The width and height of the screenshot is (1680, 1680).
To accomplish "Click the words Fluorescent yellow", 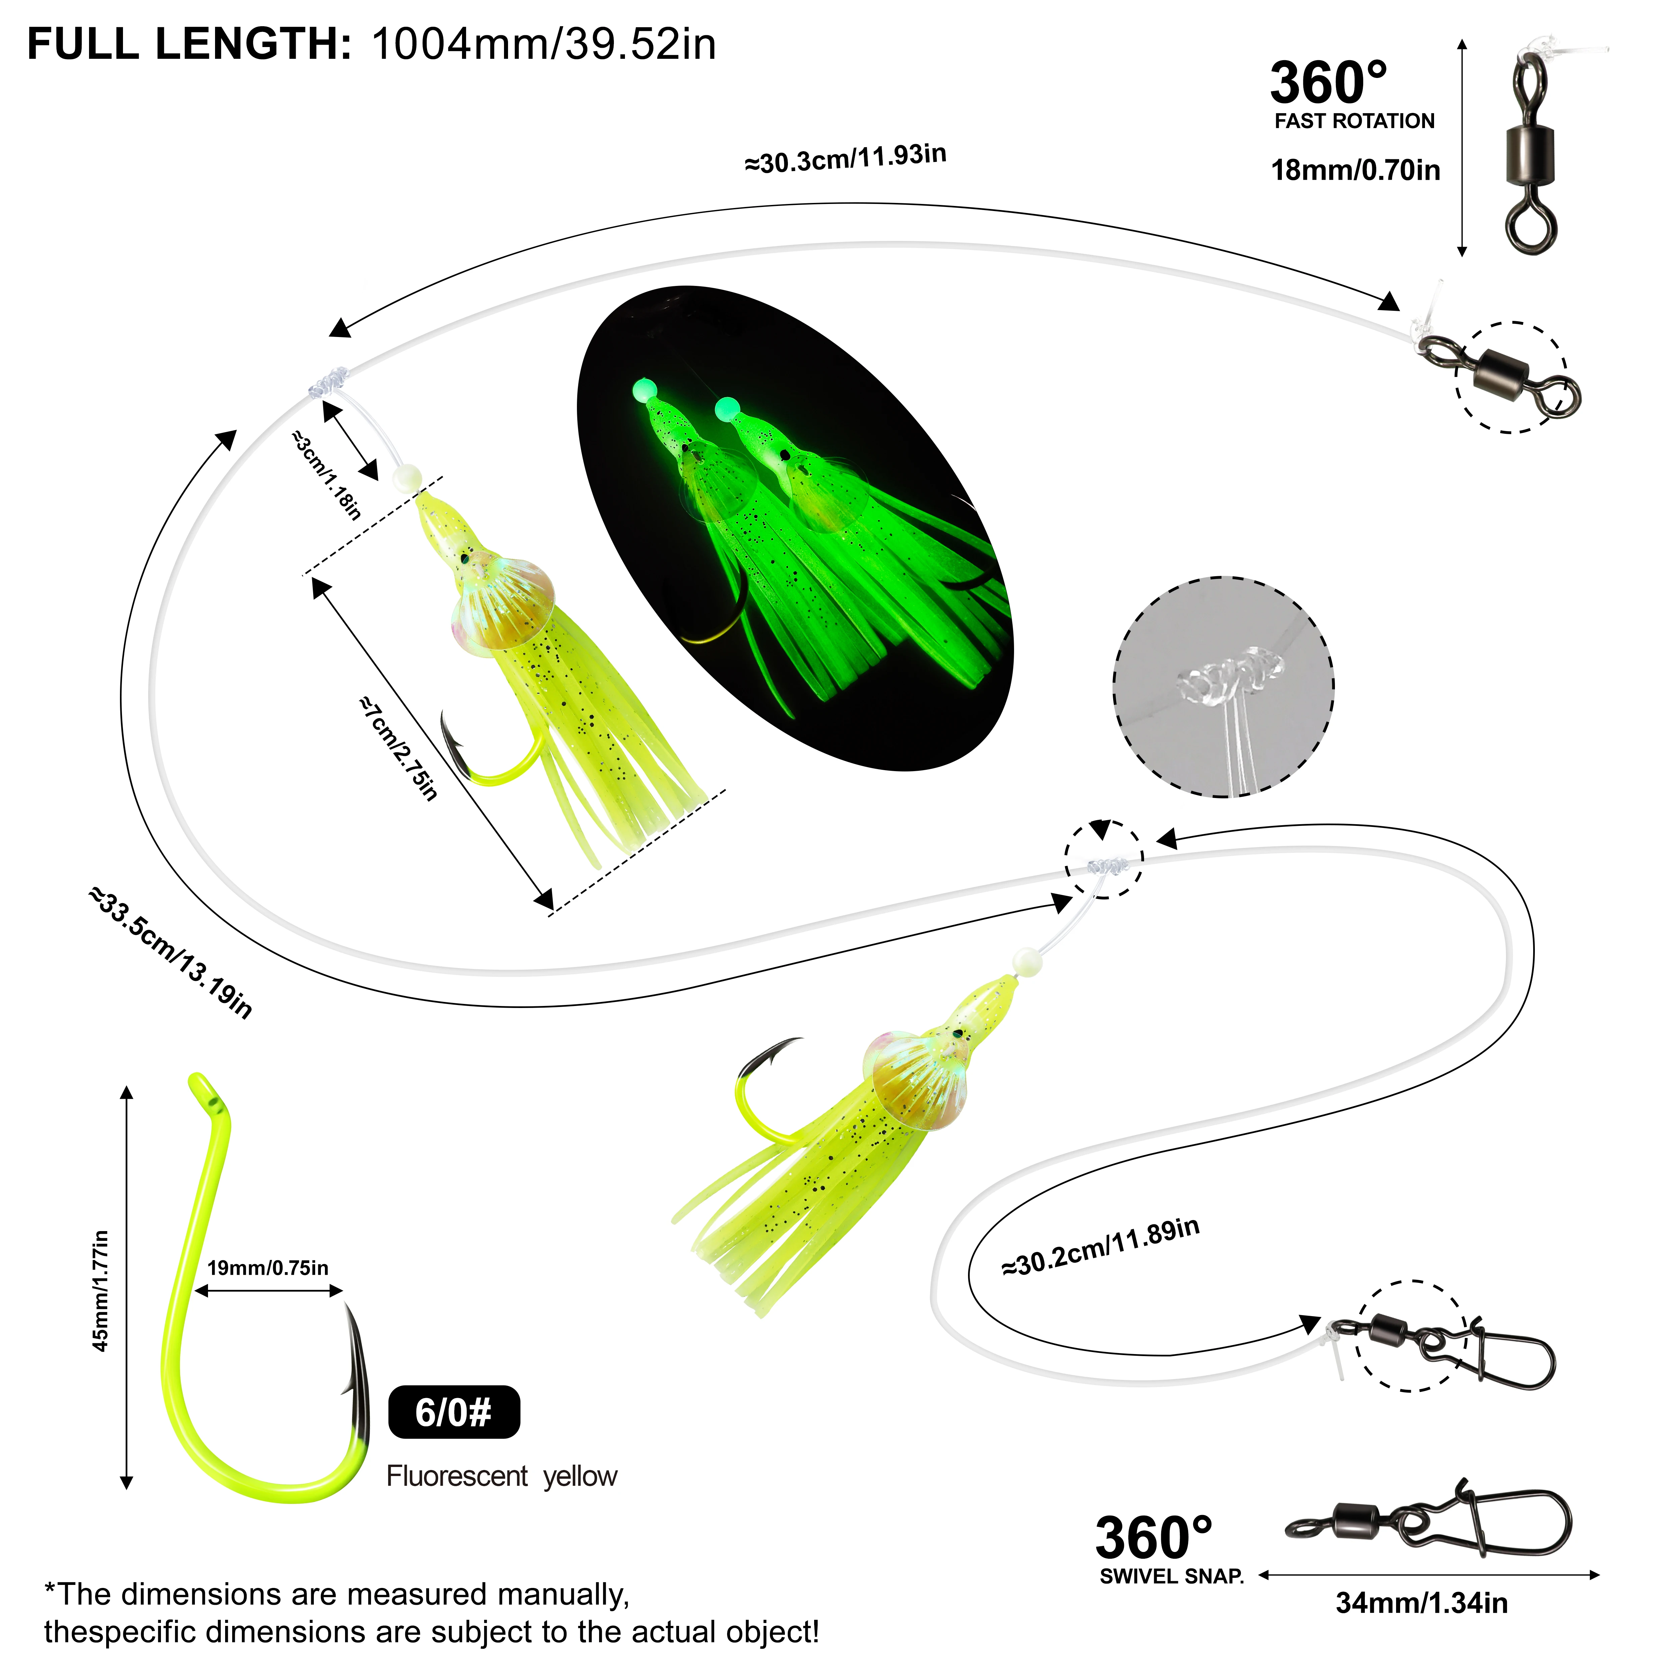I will point(502,1476).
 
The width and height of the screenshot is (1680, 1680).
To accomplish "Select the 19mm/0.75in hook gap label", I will point(268,1268).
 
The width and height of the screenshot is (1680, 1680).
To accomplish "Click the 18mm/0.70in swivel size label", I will point(1355,170).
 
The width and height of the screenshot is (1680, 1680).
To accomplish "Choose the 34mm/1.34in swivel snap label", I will point(1422,1603).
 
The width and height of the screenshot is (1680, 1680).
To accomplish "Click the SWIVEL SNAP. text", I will point(1171,1577).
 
